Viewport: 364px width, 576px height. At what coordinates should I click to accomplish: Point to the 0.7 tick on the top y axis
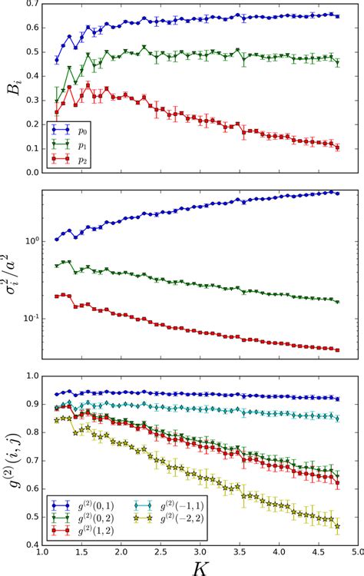tap(31, 5)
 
